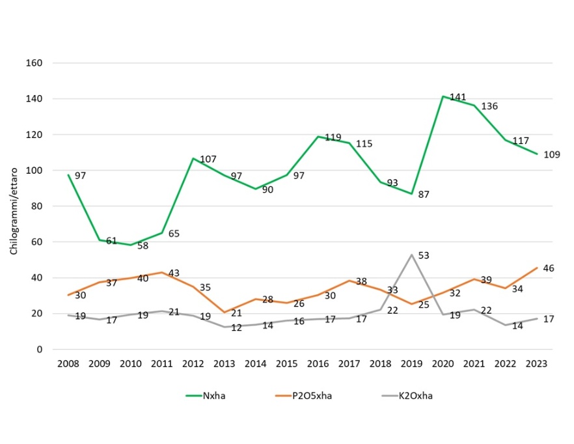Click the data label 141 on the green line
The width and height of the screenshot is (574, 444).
458,98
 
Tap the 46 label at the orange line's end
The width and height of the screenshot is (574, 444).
549,268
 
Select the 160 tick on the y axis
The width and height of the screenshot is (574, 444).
34,63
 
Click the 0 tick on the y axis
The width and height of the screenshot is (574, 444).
39,350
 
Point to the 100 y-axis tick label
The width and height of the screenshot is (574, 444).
34,171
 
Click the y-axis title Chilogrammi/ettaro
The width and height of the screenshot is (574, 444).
14,206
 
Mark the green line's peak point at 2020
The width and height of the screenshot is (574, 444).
443,96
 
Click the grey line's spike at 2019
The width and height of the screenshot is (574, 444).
412,255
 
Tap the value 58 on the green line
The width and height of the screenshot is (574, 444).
143,246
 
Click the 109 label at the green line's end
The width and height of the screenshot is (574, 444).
552,154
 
